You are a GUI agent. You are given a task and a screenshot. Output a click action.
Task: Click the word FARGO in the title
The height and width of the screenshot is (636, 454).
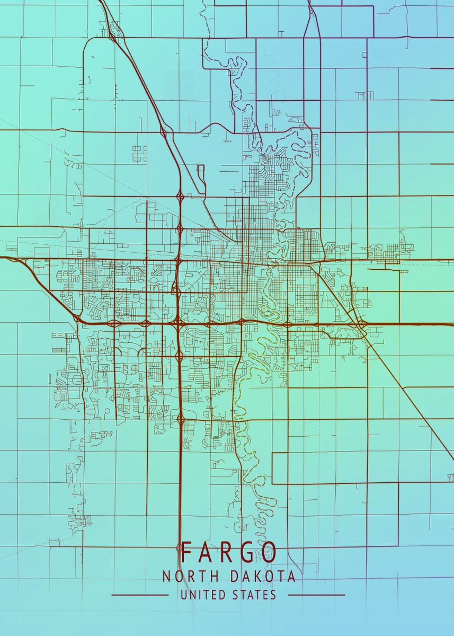[x=229, y=553]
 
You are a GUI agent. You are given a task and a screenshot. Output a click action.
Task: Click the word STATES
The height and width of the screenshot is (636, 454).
[x=254, y=595]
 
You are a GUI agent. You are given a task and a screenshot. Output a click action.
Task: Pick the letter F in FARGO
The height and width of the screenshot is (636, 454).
[x=186, y=553]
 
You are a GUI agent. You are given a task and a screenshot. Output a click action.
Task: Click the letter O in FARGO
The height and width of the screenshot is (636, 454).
[x=269, y=553]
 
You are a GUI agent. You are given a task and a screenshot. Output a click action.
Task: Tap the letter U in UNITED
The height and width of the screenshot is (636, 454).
[x=184, y=595]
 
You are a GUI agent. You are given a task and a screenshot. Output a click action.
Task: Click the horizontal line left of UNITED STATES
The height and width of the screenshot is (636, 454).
[x=140, y=595]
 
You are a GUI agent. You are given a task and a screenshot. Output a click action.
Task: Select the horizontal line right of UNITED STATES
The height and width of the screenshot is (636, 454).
[x=316, y=595]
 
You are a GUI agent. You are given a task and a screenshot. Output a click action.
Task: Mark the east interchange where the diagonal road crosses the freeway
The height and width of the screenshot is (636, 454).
[x=362, y=323]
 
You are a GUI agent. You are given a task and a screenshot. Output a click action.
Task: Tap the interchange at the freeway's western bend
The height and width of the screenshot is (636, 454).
[x=78, y=318]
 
